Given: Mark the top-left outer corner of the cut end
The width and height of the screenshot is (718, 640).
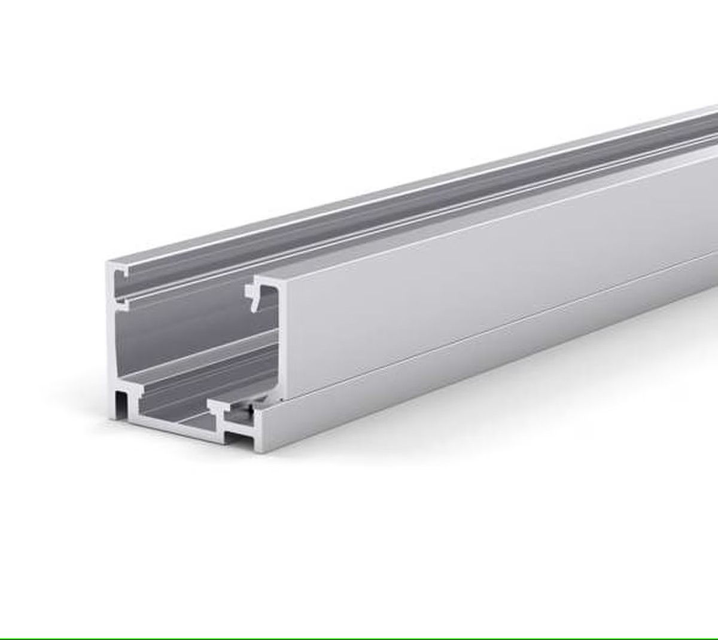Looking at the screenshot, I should coord(108,264).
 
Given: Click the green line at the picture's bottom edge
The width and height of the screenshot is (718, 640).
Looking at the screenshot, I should coord(359,638).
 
